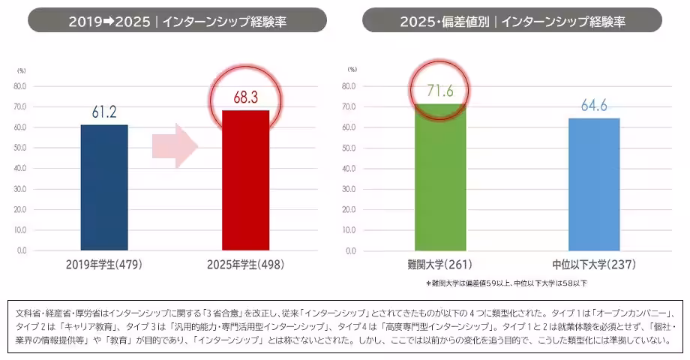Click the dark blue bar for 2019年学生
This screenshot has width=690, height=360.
point(104,187)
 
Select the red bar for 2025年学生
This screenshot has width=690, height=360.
point(245,180)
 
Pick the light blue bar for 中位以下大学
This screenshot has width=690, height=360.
point(594,184)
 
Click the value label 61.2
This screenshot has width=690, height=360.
point(104,113)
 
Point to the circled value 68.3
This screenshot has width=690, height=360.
point(245,98)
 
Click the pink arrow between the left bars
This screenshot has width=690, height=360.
point(175,146)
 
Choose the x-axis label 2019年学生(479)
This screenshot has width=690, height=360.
point(104,265)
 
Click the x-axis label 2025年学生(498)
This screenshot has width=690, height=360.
point(245,265)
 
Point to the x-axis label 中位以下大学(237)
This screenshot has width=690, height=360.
point(594,265)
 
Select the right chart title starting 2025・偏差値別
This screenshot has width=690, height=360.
point(511,20)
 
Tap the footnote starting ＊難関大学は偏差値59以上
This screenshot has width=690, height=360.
point(506,283)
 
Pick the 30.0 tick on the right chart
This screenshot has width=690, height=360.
point(349,188)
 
